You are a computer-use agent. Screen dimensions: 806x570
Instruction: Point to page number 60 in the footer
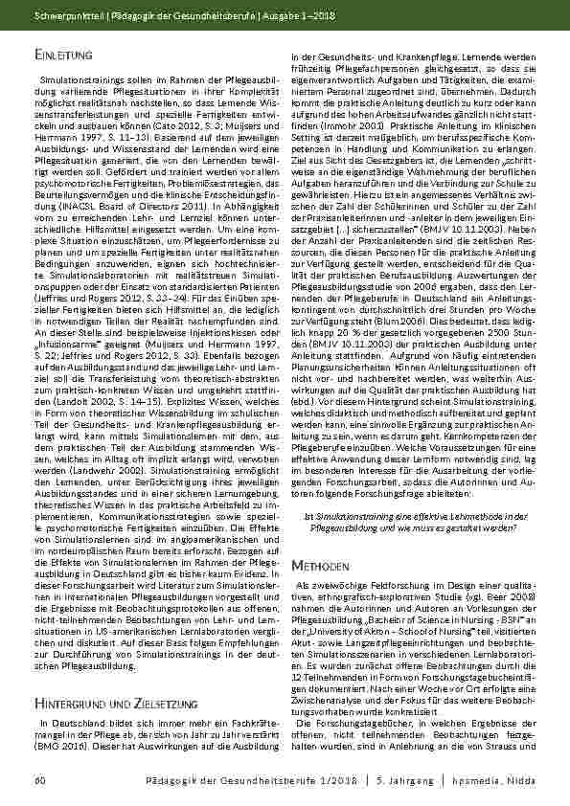click(x=40, y=782)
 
